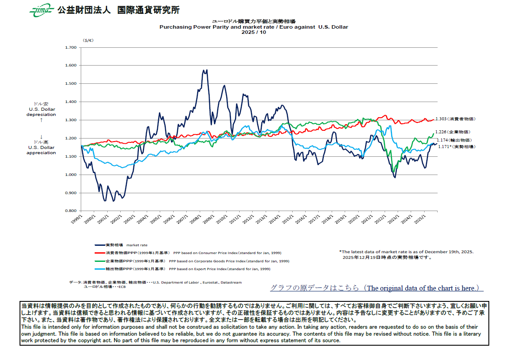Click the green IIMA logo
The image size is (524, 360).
coord(41,10)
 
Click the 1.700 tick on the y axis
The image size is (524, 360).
coord(70,47)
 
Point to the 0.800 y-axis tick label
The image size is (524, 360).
coord(70,211)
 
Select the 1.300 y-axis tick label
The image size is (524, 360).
coord(70,120)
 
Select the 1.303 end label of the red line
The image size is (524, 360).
coord(455,119)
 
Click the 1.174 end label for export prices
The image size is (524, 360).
coord(454,140)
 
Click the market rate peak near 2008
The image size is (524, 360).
coord(207,70)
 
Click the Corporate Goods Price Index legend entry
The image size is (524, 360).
coord(191,261)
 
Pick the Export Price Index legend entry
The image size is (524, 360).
coord(182,269)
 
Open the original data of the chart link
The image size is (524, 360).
coord(376,288)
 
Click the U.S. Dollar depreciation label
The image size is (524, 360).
coord(42,112)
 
